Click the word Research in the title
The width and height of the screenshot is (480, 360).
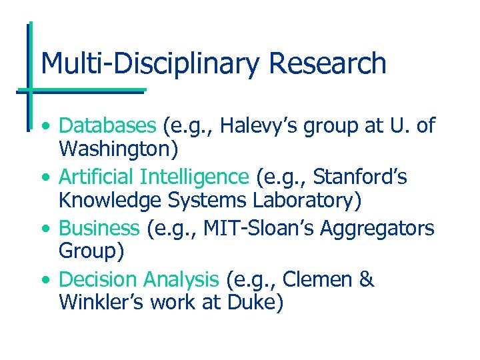[328, 64]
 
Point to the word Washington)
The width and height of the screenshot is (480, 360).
[119, 149]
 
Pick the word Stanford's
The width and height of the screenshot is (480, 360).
[360, 177]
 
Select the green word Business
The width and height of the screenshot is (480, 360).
[99, 228]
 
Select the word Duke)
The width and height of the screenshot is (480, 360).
[256, 303]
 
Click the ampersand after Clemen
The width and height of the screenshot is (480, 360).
[366, 280]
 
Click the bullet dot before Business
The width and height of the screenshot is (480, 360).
[44, 229]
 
